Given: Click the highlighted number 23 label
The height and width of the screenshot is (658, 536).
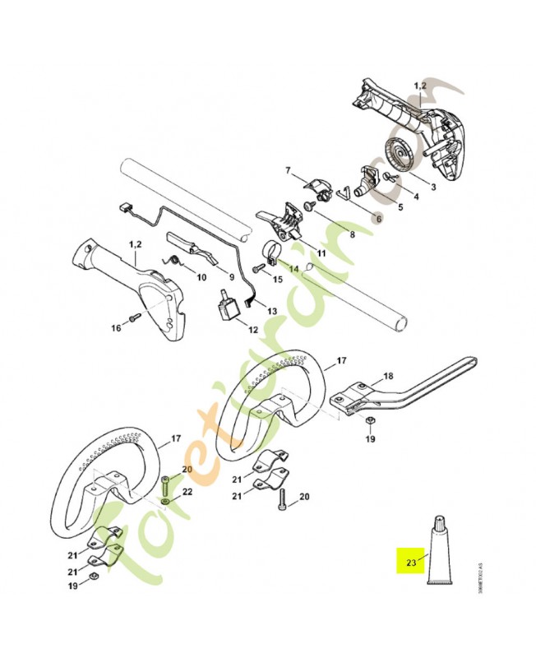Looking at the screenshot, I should (409, 563).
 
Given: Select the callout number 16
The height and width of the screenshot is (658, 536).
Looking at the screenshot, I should (116, 328).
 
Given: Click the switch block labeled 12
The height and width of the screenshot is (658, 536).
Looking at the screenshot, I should (227, 311).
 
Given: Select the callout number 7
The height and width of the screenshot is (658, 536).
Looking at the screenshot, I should (288, 170).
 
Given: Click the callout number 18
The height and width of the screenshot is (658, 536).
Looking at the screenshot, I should (388, 376).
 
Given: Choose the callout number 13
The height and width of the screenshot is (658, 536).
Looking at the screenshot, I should (272, 311).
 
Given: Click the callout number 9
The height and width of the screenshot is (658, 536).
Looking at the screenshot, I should (232, 276).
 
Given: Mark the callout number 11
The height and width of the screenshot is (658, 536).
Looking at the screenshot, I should (321, 253).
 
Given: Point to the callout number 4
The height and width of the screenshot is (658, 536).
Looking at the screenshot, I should (416, 197).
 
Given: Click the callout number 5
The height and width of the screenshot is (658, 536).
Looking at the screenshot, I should (400, 207).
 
